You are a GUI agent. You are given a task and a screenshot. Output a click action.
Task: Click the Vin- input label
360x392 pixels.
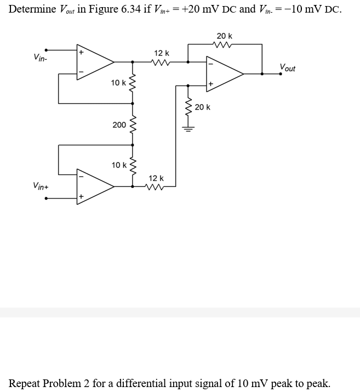[39, 57]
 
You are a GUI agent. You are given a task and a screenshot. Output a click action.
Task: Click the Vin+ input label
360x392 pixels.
[41, 186]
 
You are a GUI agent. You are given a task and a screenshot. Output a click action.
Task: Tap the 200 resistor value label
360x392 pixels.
[119, 125]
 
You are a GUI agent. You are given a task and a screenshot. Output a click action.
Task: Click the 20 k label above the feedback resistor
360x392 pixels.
[224, 36]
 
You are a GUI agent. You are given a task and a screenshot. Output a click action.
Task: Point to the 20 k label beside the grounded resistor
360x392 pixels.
[202, 107]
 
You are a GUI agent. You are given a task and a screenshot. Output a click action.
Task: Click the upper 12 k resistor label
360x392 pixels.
[162, 53]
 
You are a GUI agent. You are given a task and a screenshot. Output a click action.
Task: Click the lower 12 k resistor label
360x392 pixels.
[156, 178]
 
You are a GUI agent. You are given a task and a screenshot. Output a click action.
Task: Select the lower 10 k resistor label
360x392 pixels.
[118, 164]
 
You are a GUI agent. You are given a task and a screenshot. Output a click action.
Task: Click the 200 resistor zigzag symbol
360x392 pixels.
[132, 125]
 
